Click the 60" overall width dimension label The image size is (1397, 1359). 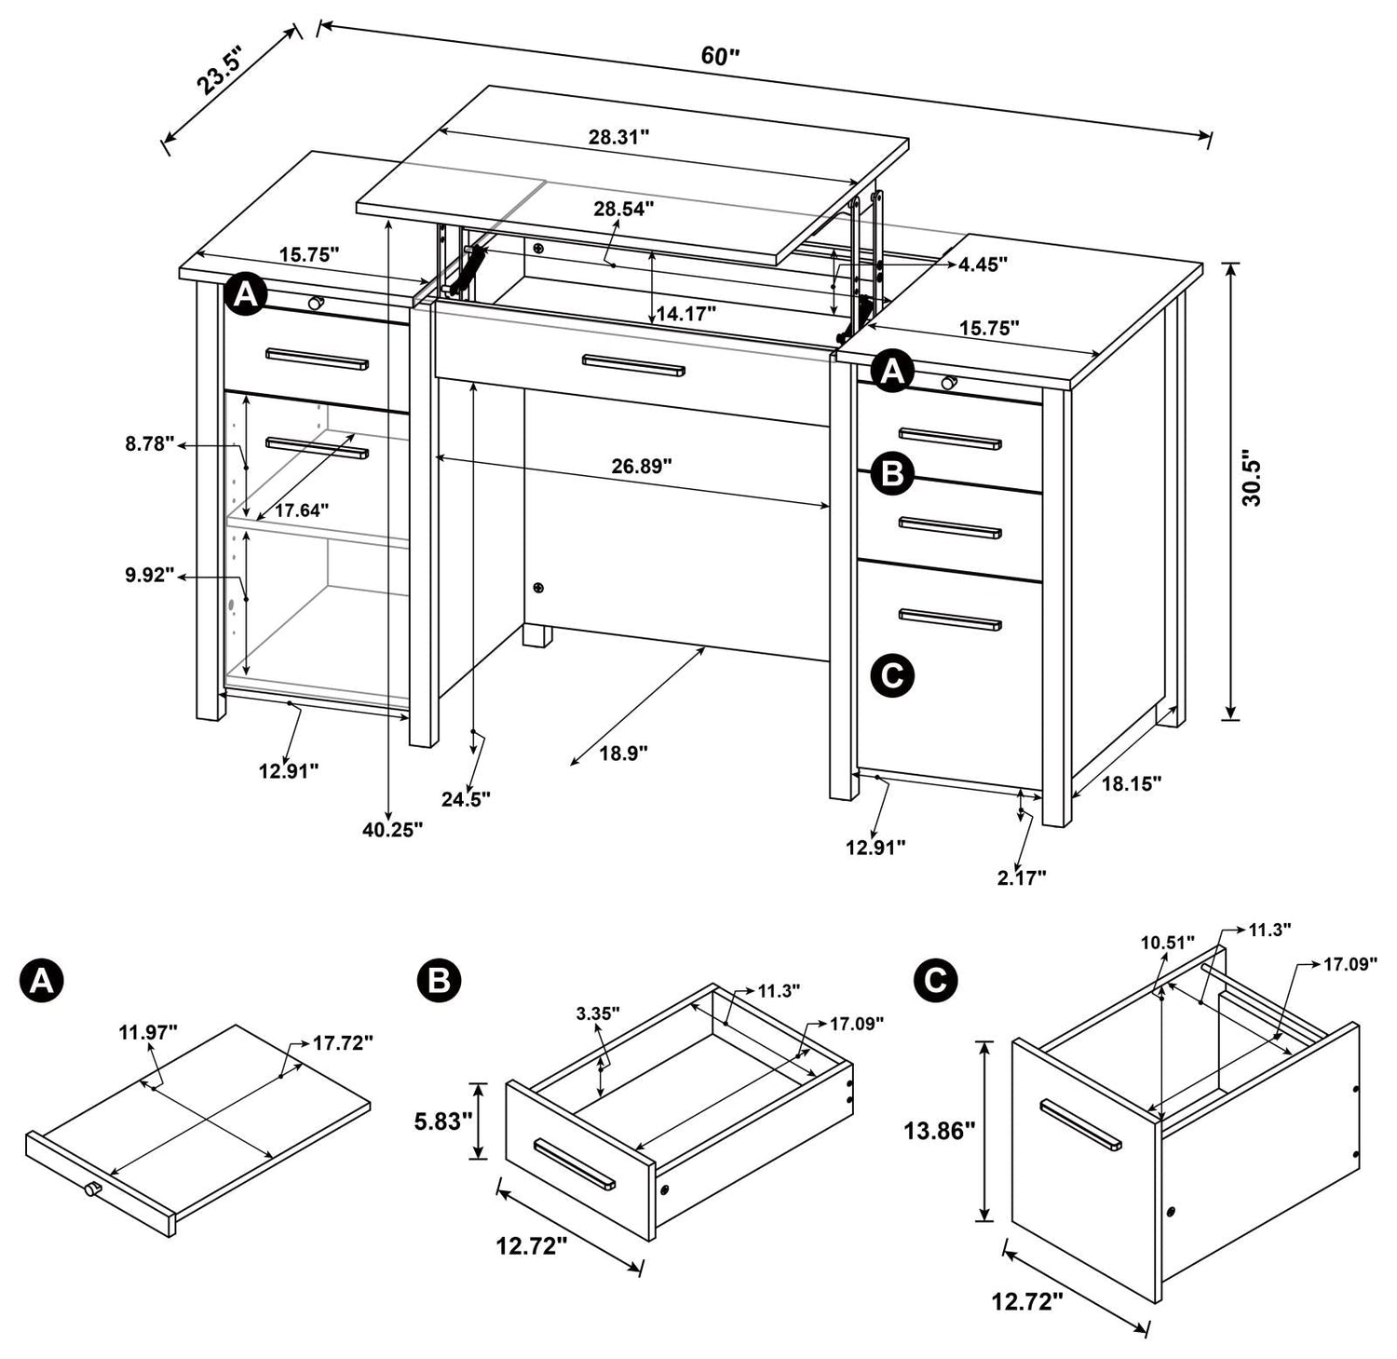point(719,56)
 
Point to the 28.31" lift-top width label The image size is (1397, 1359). point(618,137)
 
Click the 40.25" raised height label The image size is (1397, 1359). point(392,829)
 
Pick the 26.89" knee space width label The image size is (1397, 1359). point(642,466)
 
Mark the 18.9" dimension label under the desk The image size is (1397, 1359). point(623,753)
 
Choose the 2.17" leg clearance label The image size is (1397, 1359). point(1022,877)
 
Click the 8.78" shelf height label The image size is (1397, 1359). point(150,444)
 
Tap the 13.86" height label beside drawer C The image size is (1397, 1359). point(939,1131)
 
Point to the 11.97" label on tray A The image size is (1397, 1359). point(148,1031)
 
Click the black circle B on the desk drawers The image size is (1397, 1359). point(891,474)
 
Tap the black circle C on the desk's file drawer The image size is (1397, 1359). point(891,675)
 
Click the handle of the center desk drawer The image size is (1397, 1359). point(633,365)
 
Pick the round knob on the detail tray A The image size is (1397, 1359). point(93,1189)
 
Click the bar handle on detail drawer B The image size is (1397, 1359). point(574,1163)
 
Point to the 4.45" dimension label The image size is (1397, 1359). point(983,265)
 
